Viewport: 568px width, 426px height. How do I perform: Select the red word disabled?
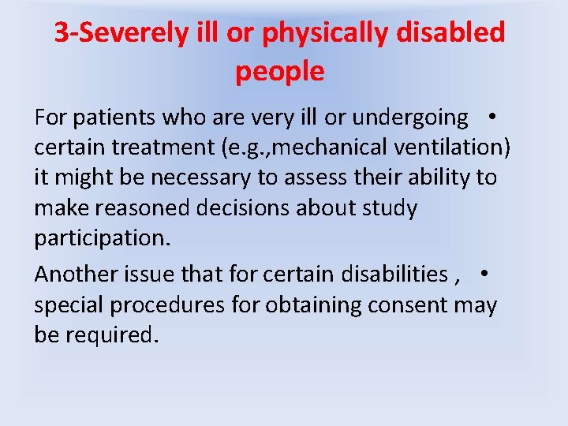click(461, 33)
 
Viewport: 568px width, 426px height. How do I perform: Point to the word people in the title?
click(279, 72)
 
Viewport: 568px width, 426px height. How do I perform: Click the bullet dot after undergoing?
click(491, 116)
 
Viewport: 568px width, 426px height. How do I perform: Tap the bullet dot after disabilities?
click(484, 272)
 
